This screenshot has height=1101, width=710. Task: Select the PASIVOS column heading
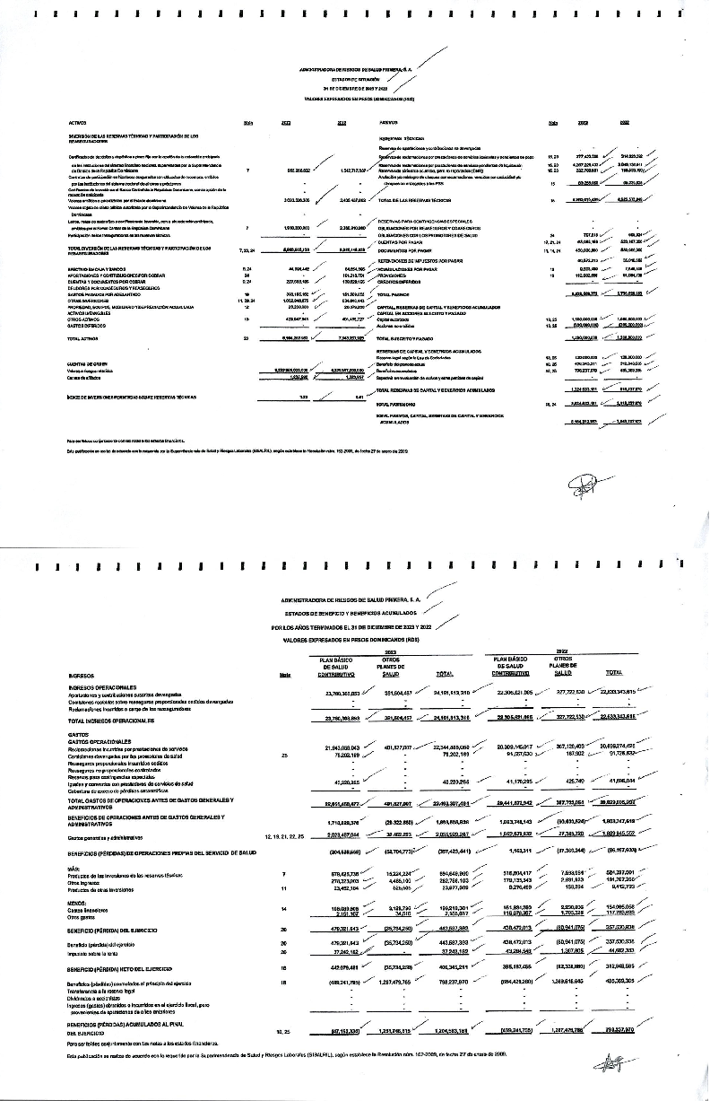click(x=389, y=123)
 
